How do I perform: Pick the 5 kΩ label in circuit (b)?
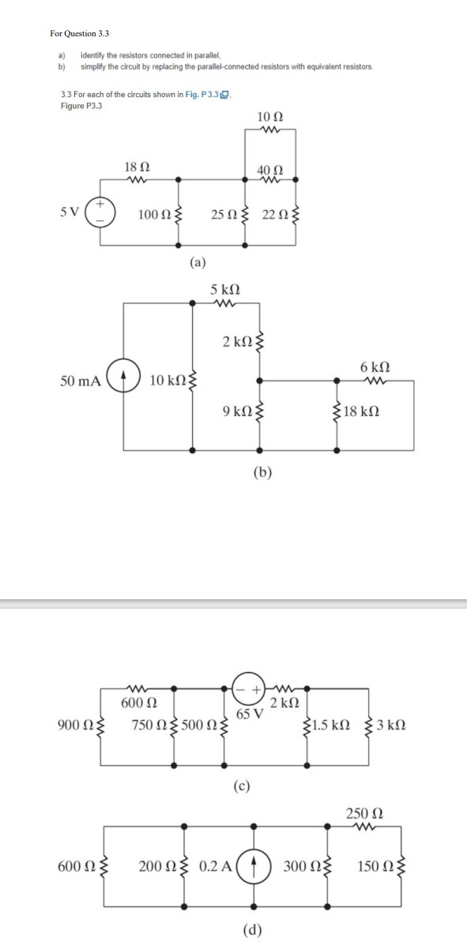[x=226, y=290]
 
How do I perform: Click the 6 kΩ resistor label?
[x=375, y=367]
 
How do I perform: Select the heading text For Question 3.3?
[x=79, y=33]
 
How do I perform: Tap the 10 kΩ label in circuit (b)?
[x=168, y=381]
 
